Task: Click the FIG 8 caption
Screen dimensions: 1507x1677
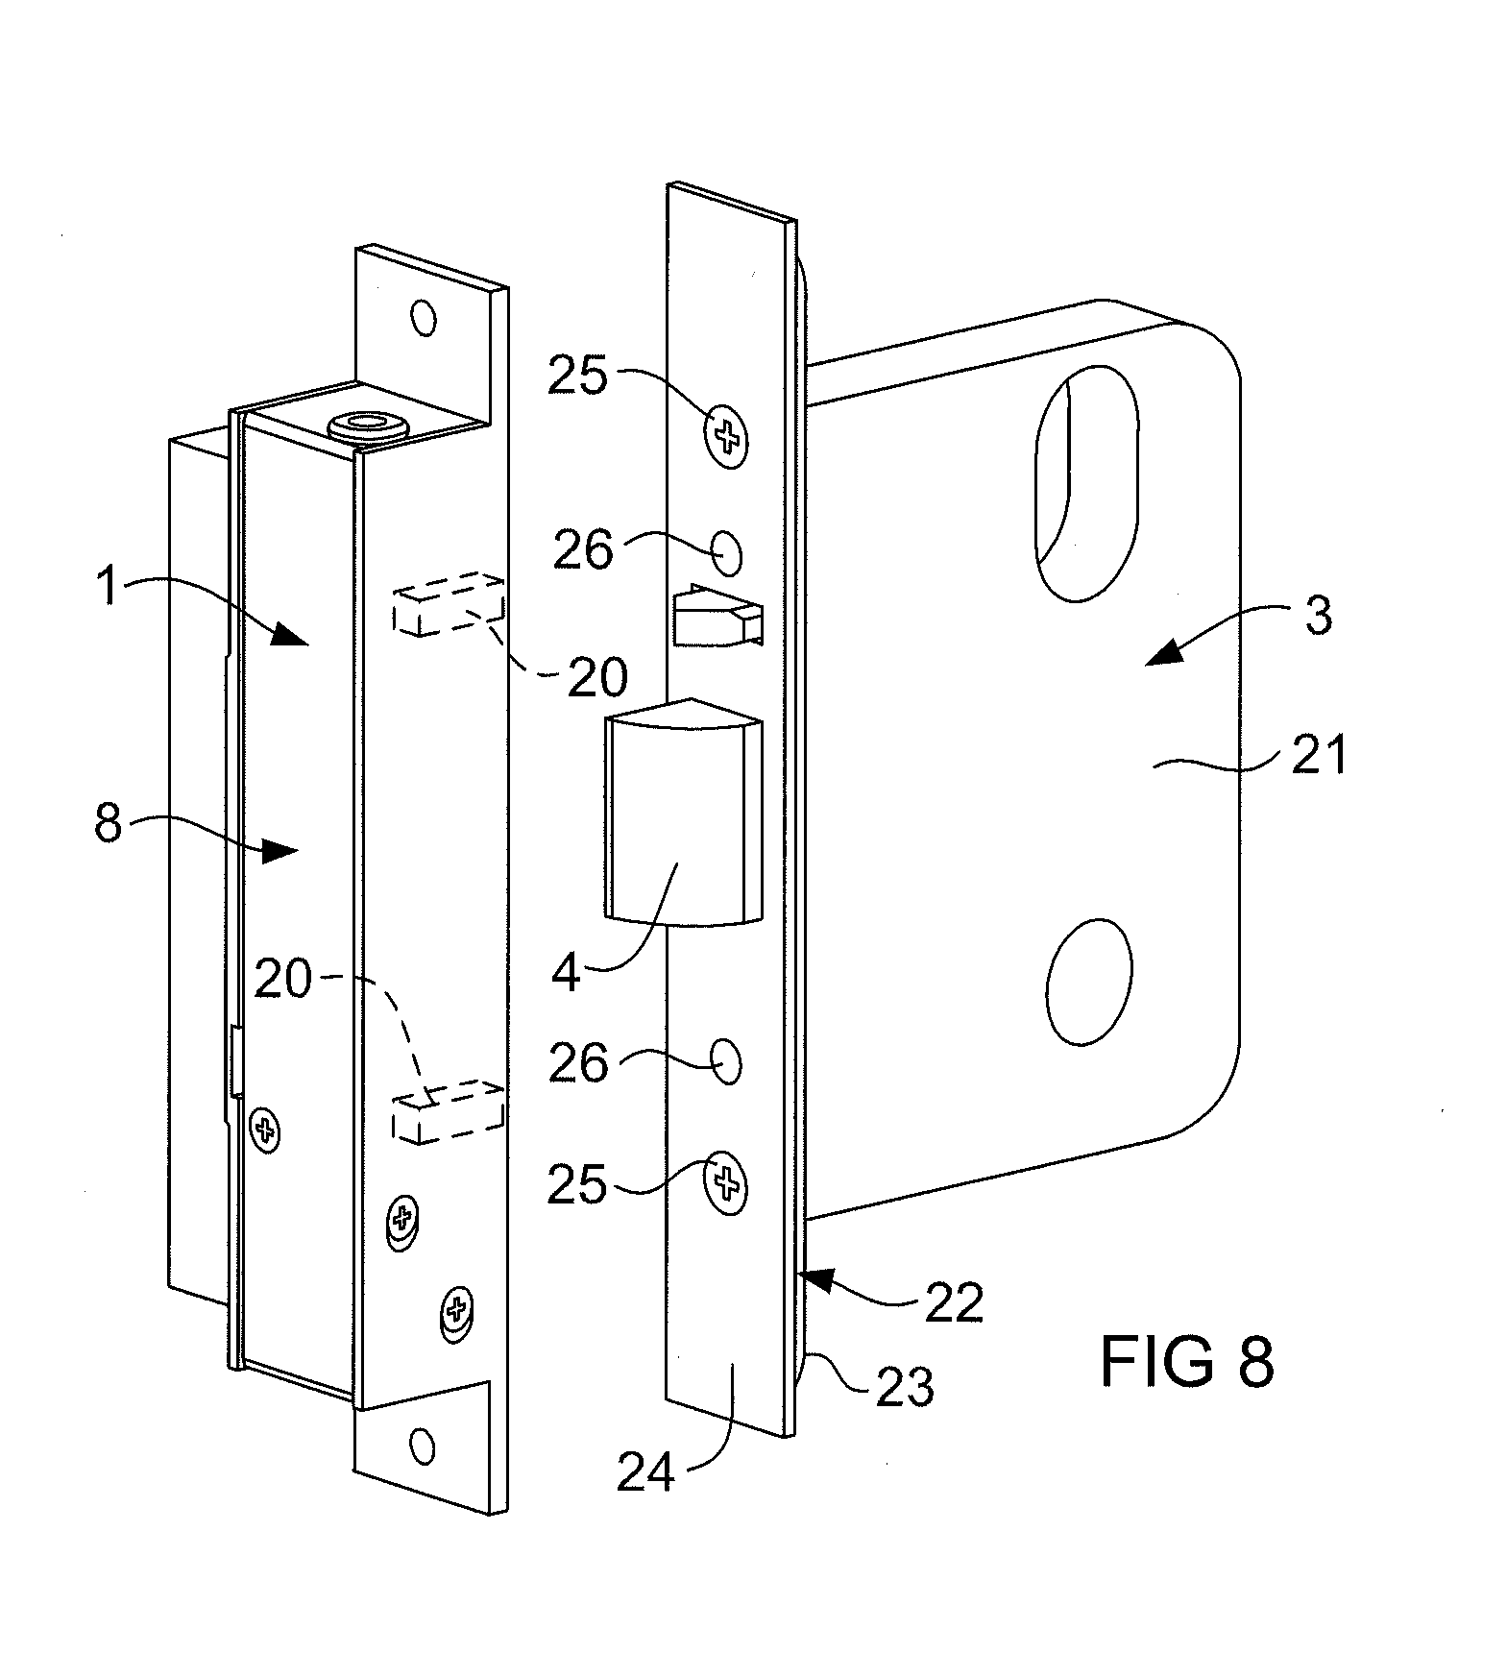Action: point(1186,1360)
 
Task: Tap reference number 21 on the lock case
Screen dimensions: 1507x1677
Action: point(1319,755)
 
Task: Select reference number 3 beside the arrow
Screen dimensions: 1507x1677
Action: point(1320,614)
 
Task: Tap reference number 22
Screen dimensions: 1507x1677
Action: point(954,1300)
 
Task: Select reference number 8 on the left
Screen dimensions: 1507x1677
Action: point(108,823)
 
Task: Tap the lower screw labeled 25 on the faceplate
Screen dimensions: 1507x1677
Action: point(726,1183)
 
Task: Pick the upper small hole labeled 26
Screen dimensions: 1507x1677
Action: point(728,554)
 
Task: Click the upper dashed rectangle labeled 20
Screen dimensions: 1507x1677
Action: point(449,604)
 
